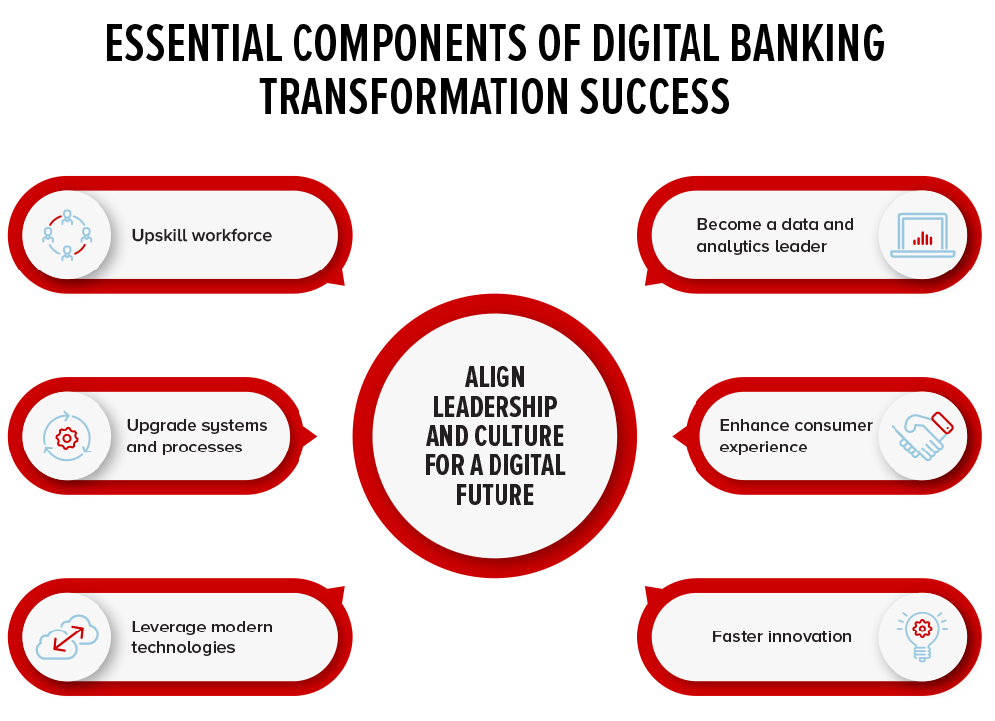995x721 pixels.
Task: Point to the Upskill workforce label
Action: point(202,236)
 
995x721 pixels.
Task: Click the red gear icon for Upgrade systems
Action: point(67,437)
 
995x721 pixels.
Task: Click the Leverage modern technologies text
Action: point(202,636)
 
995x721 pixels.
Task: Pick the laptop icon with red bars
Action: point(922,236)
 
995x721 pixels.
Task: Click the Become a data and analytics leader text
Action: point(775,236)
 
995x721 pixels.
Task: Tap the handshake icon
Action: point(922,437)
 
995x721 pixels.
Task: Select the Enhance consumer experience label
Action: point(796,437)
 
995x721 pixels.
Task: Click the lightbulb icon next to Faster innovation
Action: point(922,636)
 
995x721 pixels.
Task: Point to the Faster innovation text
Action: point(781,636)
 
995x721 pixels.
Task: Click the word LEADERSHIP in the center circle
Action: point(495,407)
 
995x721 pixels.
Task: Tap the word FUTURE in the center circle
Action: point(495,494)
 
